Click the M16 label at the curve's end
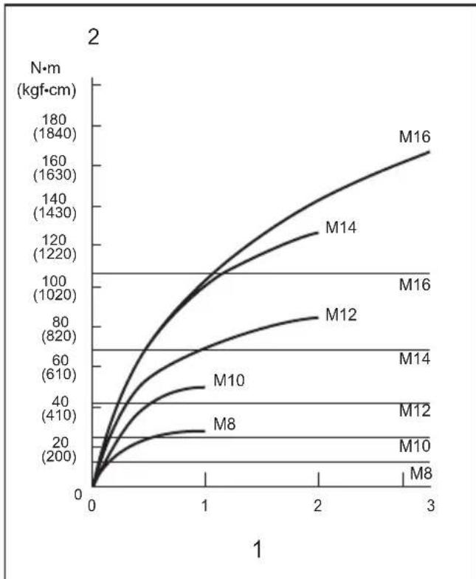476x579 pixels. [x=415, y=137]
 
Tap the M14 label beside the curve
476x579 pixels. [x=341, y=227]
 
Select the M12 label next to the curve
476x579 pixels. [x=341, y=315]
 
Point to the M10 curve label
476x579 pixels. [x=229, y=380]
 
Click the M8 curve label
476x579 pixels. [x=224, y=424]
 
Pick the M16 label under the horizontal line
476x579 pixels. [x=415, y=285]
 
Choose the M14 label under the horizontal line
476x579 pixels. [x=415, y=359]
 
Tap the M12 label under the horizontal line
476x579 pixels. [x=415, y=411]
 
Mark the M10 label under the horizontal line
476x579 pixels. [x=415, y=446]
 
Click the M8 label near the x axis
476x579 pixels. [x=421, y=473]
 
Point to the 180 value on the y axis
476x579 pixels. [x=54, y=120]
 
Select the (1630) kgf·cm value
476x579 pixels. [x=55, y=174]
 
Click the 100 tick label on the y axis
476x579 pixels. [x=54, y=281]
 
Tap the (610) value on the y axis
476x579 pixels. [x=59, y=374]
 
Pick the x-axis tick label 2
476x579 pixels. [x=317, y=505]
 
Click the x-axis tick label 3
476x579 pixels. [x=431, y=505]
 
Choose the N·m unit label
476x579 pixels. [x=46, y=68]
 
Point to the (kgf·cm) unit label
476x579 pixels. [x=46, y=90]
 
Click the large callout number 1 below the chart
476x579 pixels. [x=258, y=549]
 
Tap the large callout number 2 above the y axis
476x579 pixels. [x=93, y=37]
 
